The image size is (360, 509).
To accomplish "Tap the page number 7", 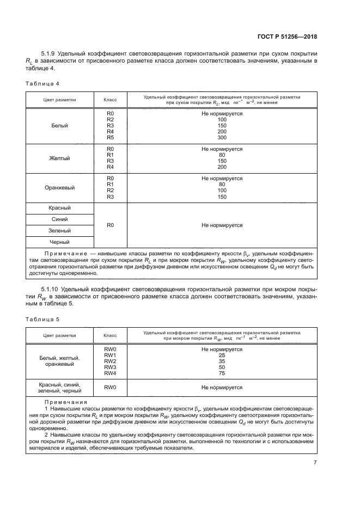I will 315,462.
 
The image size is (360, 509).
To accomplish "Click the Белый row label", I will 60,126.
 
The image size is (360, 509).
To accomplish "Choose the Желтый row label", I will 60,158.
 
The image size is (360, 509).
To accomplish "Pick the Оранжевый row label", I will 60,188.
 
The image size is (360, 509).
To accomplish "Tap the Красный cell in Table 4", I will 60,208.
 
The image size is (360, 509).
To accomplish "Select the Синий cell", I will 60,219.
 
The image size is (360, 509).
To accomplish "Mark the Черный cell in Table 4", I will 60,242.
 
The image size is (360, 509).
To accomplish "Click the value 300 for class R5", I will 222,138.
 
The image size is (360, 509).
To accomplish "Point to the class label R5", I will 111,138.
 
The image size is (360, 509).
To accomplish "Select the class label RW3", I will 111,368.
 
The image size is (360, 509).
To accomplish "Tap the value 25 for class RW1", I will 222,355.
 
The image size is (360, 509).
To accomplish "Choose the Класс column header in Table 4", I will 111,100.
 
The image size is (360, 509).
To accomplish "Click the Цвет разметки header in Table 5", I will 60,336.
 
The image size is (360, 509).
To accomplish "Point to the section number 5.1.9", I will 50,54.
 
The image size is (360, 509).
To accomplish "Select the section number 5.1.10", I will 51,289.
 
